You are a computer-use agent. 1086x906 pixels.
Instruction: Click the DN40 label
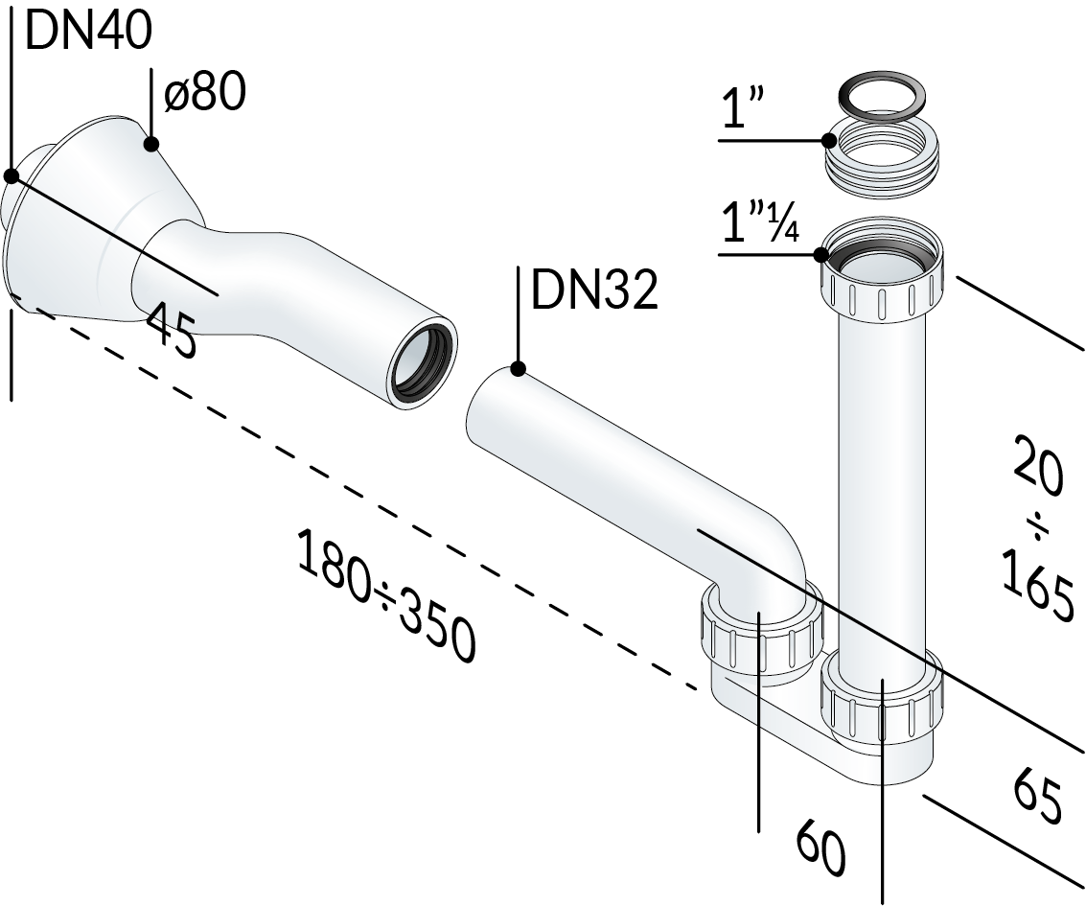(88, 32)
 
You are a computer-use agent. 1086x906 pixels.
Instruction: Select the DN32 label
(593, 290)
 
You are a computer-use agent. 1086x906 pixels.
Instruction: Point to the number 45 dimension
(171, 329)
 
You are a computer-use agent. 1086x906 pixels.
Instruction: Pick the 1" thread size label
(743, 107)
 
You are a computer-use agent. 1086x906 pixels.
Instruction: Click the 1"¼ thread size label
(760, 221)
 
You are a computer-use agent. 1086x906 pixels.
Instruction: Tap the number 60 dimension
(820, 848)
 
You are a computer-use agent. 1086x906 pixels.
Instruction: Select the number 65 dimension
(1037, 798)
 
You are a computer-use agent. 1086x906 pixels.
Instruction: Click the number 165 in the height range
(1037, 583)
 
